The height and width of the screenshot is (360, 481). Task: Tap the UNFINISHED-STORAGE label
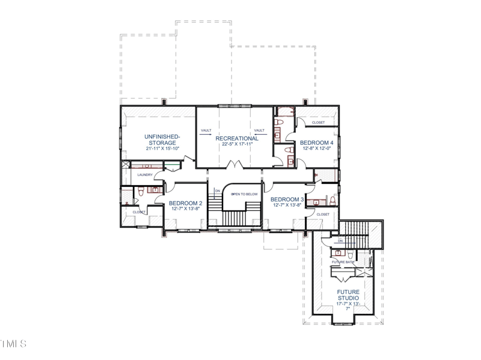[161, 140]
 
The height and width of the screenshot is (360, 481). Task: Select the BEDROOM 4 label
[317, 142]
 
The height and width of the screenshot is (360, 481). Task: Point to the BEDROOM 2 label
[185, 203]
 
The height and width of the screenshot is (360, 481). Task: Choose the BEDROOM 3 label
[287, 199]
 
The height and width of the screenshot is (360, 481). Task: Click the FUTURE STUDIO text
[348, 295]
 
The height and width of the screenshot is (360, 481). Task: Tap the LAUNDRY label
[145, 175]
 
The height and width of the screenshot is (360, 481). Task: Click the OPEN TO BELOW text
[245, 194]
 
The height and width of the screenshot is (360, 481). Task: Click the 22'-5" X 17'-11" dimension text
[236, 144]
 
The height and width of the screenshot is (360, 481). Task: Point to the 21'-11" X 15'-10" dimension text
[161, 149]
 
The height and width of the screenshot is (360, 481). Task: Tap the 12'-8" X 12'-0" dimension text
[317, 148]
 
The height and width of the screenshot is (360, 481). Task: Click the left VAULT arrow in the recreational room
[207, 135]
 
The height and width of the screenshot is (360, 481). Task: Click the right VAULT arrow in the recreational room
[259, 135]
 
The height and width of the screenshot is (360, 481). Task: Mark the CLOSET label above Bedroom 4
[318, 123]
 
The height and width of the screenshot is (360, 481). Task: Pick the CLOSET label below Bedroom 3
[323, 214]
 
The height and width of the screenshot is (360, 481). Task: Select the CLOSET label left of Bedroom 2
[139, 212]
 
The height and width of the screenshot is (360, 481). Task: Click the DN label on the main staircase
[218, 191]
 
